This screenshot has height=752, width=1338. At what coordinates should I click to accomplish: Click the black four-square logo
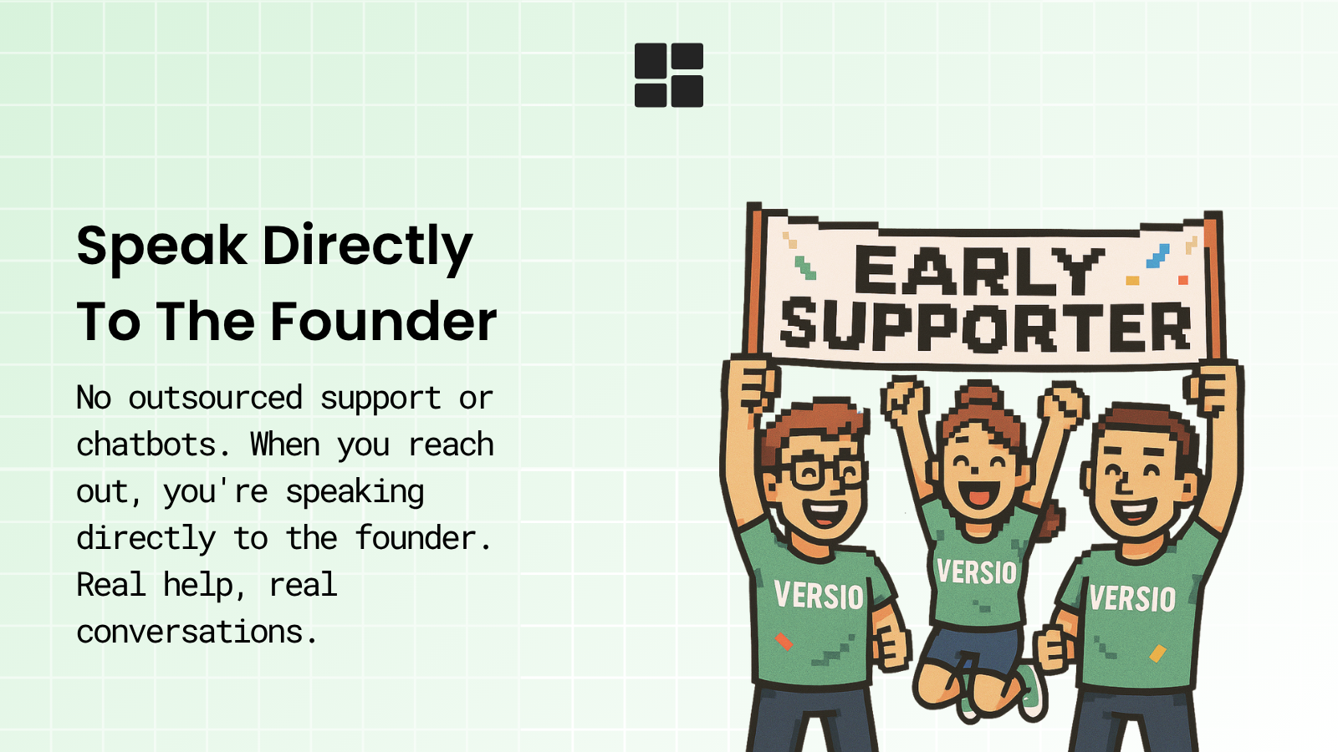669,75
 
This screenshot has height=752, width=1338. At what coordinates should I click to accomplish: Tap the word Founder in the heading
384,323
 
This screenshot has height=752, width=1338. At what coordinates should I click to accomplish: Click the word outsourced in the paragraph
216,398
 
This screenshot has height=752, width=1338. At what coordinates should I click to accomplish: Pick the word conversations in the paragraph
197,632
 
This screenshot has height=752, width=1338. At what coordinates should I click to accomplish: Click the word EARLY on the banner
979,272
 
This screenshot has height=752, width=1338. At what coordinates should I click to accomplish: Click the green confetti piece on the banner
804,268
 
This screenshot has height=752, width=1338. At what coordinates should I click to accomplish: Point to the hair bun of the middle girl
979,395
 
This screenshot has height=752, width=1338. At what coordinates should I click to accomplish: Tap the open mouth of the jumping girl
975,494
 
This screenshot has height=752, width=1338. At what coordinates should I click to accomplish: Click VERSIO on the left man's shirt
819,596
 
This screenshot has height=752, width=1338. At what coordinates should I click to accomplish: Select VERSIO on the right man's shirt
1132,598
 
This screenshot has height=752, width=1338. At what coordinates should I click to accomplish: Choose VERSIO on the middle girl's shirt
977,572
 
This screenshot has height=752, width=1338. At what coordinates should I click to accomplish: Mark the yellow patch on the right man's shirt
1157,653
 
